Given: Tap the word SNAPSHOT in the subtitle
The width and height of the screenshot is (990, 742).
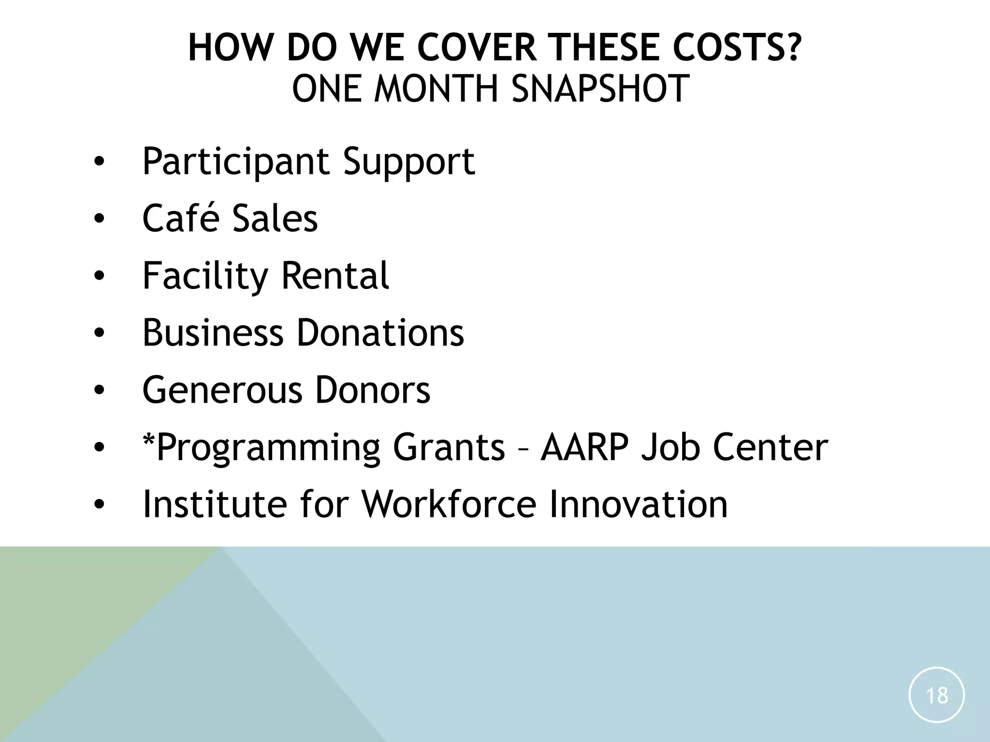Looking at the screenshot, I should pyautogui.click(x=600, y=89).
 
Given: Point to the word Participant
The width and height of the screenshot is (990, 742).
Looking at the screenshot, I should pyautogui.click(x=236, y=162).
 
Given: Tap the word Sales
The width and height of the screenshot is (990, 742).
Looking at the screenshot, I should pyautogui.click(x=275, y=218).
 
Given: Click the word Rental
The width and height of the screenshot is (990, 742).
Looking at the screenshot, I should pyautogui.click(x=335, y=276).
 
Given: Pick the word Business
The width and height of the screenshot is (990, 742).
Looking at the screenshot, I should pyautogui.click(x=213, y=333).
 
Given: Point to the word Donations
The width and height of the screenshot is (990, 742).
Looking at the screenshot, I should pyautogui.click(x=380, y=333).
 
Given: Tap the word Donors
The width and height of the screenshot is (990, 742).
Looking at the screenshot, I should pyautogui.click(x=372, y=390).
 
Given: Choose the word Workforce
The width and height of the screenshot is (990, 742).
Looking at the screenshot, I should pyautogui.click(x=449, y=504).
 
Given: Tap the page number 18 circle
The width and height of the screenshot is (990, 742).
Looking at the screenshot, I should pyautogui.click(x=936, y=695).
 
